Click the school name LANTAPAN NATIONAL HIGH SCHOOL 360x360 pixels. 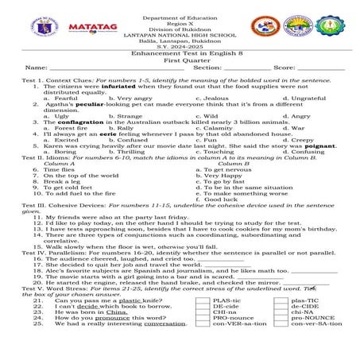tap(180, 35)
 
